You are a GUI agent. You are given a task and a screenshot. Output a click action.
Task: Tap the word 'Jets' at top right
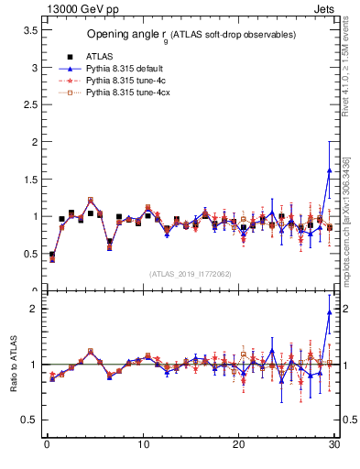[x=326, y=7]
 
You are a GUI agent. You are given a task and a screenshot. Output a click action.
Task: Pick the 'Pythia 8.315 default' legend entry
[x=125, y=68]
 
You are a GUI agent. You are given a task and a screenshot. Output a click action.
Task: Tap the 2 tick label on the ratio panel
[x=34, y=309]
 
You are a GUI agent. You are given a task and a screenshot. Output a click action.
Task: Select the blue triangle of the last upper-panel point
[x=329, y=170]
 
